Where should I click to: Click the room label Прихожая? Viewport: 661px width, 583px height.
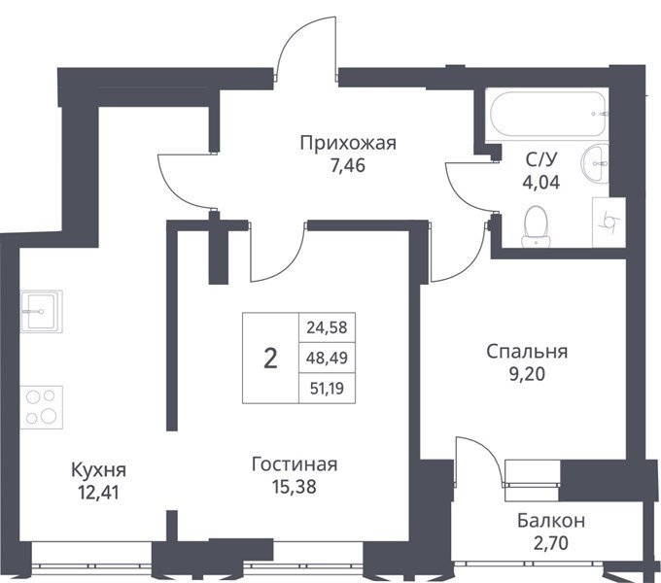click(348, 143)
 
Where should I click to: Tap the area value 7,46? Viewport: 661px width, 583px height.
click(348, 165)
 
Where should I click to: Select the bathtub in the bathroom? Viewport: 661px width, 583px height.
click(548, 114)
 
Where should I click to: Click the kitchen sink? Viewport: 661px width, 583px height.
click(41, 311)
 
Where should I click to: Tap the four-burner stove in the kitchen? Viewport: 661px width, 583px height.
click(41, 407)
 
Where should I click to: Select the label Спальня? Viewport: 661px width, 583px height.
click(527, 352)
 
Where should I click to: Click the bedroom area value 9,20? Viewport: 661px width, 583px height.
click(527, 374)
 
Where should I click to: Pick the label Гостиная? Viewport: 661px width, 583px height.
click(295, 464)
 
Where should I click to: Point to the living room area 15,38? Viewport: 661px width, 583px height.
click(295, 487)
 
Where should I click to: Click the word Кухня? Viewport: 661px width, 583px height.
click(98, 469)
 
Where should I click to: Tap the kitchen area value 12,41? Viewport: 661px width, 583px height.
click(98, 493)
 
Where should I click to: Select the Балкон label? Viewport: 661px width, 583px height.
click(551, 521)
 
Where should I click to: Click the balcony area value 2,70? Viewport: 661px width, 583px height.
click(550, 543)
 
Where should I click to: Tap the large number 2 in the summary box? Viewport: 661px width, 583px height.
click(270, 359)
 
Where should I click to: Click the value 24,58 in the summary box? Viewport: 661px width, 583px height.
click(327, 327)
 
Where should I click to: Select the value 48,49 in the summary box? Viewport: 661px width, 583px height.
click(327, 358)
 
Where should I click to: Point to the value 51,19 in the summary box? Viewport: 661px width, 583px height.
click(327, 389)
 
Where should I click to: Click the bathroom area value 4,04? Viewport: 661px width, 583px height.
click(541, 183)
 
